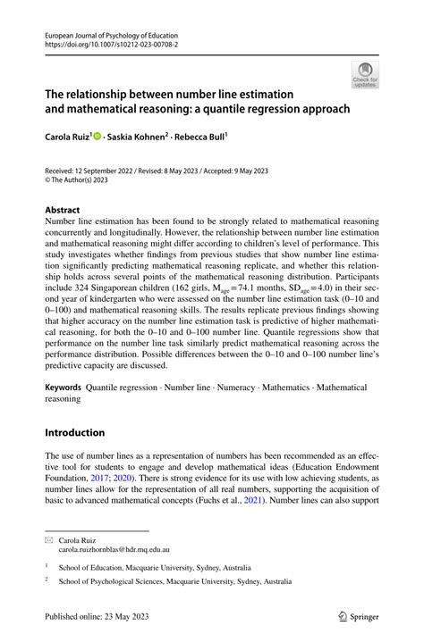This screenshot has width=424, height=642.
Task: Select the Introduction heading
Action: point(75,432)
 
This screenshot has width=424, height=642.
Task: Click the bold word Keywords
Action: point(64,388)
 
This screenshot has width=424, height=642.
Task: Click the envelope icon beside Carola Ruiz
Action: point(49,541)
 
